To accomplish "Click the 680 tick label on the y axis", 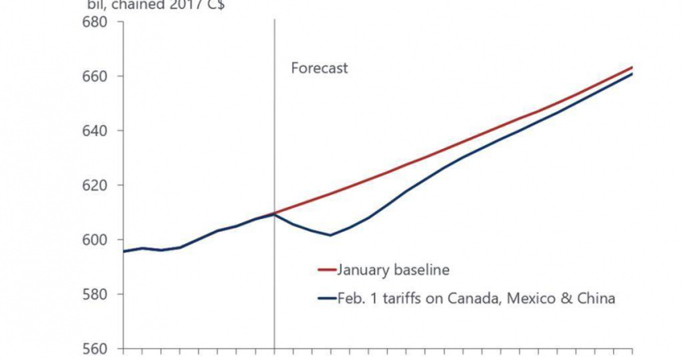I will click(x=95, y=22).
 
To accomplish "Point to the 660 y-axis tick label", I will click(x=95, y=76).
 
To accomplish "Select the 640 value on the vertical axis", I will click(x=95, y=131).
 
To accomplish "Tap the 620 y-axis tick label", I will click(x=95, y=186).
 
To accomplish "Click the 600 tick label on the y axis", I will click(x=95, y=240).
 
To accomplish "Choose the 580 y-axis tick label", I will click(x=95, y=295).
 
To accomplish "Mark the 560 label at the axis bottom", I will click(x=95, y=349).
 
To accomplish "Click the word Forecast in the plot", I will click(x=319, y=68).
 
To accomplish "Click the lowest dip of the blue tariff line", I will click(x=330, y=235).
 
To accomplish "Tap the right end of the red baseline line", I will click(x=632, y=67).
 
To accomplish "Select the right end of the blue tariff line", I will click(x=632, y=74).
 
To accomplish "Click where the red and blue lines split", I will click(x=275, y=213).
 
